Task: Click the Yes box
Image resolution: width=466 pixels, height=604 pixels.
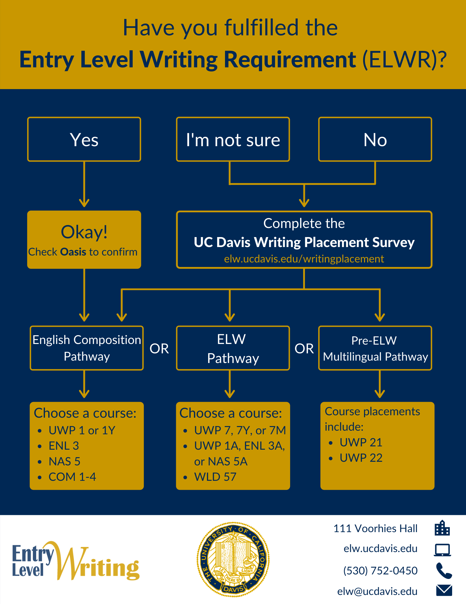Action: click(x=84, y=140)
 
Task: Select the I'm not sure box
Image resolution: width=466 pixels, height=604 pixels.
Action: click(x=233, y=140)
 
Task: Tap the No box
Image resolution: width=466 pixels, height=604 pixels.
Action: click(x=375, y=140)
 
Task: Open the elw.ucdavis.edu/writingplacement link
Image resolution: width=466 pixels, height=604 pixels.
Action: click(x=304, y=259)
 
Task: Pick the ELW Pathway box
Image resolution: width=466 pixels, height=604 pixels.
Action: click(x=233, y=348)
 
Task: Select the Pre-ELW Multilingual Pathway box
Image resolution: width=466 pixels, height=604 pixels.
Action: click(x=375, y=348)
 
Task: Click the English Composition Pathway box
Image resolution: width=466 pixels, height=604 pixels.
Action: click(x=87, y=348)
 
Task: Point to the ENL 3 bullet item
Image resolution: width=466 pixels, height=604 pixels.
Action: click(x=64, y=446)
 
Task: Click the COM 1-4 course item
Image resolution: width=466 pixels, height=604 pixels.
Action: click(x=72, y=477)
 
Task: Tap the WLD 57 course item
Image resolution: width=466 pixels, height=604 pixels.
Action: click(x=215, y=477)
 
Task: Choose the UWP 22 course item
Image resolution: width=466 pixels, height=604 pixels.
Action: click(x=361, y=458)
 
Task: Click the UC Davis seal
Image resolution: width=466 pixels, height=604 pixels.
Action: click(x=233, y=559)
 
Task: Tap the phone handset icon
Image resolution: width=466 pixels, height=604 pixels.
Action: click(x=444, y=570)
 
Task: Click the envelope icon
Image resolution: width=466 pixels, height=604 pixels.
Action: click(x=444, y=590)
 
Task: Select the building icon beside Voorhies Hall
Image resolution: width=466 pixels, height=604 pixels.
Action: click(x=442, y=528)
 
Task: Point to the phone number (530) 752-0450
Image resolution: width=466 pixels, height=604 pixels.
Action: click(x=380, y=570)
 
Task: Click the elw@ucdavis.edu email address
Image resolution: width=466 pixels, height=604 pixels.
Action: click(x=377, y=591)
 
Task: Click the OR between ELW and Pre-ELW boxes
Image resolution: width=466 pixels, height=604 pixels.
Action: click(x=304, y=349)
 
